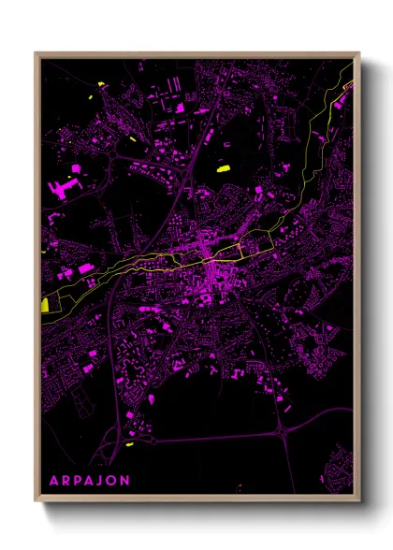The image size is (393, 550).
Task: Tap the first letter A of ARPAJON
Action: pyautogui.click(x=52, y=481)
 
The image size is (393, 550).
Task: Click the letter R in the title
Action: pyautogui.click(x=64, y=481)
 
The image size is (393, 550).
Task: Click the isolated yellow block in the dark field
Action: pyautogui.click(x=223, y=169)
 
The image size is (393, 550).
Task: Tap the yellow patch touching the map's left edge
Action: pyautogui.click(x=45, y=305)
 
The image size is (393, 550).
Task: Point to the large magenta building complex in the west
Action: pyautogui.click(x=63, y=189)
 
